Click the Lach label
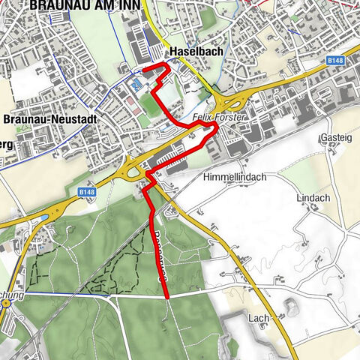click(259, 319)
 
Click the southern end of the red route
click(166, 298)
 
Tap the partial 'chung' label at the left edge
click(12, 295)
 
